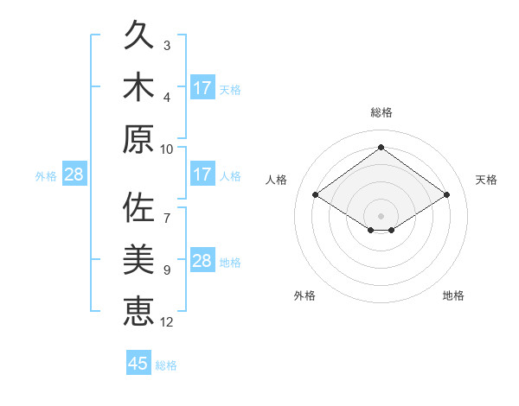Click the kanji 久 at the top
coord(138,35)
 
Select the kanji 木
coord(138,86)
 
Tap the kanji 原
coord(138,139)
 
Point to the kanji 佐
coord(138,206)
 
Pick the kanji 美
coord(138,259)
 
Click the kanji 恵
coord(138,311)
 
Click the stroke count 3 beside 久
coord(167,46)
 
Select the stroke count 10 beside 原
coord(166,149)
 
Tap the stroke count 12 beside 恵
coord(166,322)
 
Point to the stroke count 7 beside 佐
coord(167,219)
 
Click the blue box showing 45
coord(138,362)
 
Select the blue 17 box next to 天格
coord(203,87)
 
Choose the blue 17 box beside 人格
coord(203,174)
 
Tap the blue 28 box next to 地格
coord(203,259)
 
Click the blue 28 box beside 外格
coord(74,174)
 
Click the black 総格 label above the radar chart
coord(381,112)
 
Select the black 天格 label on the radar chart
coord(486,180)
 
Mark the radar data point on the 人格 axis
coord(316,194)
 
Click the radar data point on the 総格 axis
coord(381,147)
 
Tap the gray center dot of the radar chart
coord(381,216)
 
